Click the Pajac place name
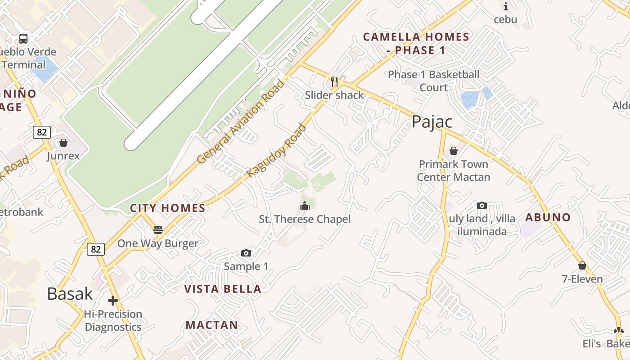point(432,122)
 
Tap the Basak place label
point(70,294)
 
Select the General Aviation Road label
point(241,121)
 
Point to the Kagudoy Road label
point(277,150)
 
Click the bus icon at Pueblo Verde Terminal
point(23,39)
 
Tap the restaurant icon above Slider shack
point(334,81)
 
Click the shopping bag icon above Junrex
point(63,143)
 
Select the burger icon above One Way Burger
point(157,230)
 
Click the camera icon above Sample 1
point(246,253)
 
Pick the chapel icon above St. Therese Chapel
point(305,206)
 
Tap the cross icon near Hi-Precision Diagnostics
point(113,300)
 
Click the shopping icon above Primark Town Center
point(453,151)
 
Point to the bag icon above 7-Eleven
point(582,265)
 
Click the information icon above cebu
point(505,6)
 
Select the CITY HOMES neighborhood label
point(167,208)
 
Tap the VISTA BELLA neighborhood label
point(223,289)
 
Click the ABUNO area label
point(548,217)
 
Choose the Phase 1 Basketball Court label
point(434,81)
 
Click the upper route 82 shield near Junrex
point(41,132)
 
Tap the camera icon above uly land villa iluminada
point(481,205)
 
